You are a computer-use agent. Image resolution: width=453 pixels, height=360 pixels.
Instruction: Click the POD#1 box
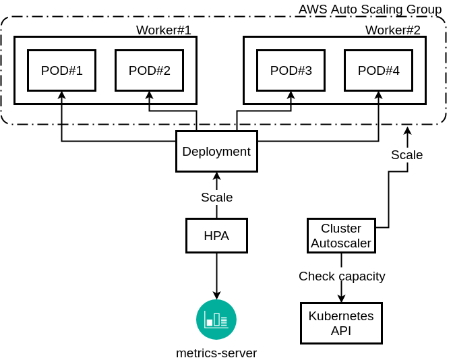61,70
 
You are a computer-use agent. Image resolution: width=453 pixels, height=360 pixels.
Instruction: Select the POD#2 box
149,70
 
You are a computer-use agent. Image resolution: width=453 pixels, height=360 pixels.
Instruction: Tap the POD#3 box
291,70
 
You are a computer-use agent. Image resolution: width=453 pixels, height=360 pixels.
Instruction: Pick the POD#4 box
378,70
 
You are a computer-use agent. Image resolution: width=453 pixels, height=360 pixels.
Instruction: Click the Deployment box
216,151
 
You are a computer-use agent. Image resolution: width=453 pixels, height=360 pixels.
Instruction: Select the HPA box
216,235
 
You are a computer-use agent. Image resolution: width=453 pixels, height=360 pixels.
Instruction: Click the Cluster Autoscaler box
341,235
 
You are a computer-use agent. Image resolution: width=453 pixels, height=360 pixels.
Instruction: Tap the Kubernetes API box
341,323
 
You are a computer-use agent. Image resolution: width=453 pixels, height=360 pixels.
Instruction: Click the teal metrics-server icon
216,320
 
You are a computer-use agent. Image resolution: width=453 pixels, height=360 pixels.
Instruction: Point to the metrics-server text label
216,353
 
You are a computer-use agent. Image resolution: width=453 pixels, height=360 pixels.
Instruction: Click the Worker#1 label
164,30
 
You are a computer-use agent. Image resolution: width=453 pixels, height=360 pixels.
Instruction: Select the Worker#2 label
393,30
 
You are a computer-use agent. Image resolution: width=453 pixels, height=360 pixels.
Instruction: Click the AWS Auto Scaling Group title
370,9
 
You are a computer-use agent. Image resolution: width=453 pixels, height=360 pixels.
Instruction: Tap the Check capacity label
342,276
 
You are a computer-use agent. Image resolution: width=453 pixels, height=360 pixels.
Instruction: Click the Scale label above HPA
216,198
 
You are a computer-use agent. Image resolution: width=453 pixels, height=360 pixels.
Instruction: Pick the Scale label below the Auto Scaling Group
407,154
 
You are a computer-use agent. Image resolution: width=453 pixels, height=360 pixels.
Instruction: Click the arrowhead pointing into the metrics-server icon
216,295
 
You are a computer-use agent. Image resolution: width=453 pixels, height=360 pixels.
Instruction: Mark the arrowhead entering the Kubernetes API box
341,299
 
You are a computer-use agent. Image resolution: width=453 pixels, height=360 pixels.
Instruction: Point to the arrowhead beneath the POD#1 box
61,95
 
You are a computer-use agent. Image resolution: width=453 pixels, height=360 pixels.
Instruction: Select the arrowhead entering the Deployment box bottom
216,176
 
